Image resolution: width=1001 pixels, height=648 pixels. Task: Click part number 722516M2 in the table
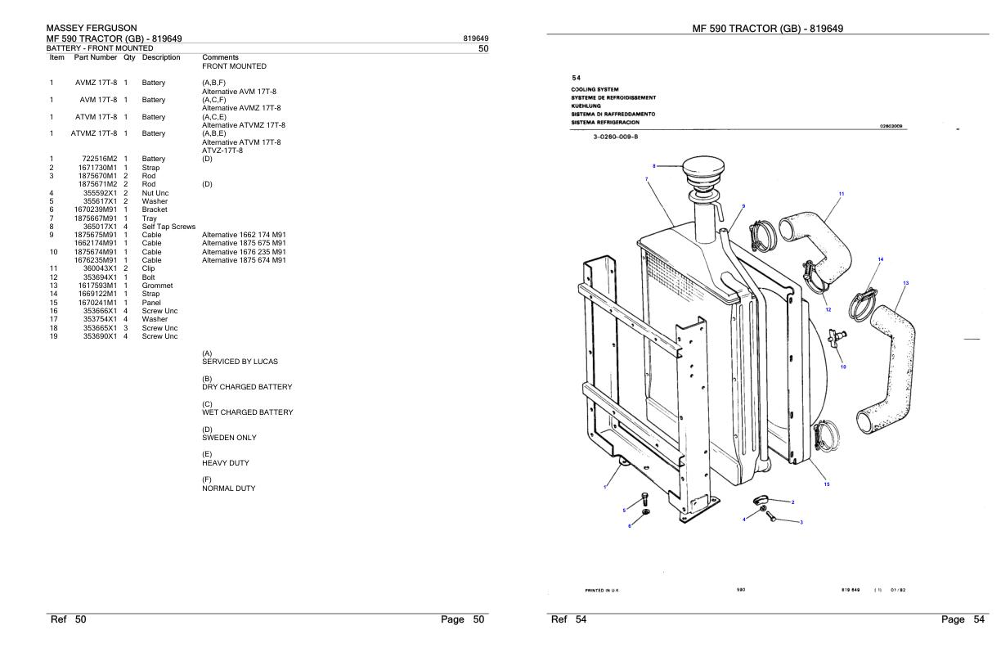(99, 159)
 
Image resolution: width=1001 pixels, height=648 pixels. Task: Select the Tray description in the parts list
(150, 218)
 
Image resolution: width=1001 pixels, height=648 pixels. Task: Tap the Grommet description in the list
(157, 286)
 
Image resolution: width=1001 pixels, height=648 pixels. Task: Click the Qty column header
(129, 57)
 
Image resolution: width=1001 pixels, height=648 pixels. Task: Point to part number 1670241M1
(97, 302)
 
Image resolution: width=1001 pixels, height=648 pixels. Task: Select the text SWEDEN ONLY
(229, 438)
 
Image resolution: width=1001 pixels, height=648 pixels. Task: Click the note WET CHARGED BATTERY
(248, 412)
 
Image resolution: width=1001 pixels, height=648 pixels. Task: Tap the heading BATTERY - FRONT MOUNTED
(100, 48)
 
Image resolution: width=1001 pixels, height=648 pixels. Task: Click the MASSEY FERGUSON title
(92, 28)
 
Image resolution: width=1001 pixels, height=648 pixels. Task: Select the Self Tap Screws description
(169, 227)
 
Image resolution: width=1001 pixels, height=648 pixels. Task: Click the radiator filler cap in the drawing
(704, 169)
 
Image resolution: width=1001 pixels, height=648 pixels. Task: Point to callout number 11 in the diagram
(842, 194)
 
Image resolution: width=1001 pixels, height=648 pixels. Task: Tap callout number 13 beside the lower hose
(906, 283)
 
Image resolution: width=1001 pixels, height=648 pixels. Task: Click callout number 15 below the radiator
(827, 484)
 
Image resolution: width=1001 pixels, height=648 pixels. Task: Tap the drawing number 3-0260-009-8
(615, 137)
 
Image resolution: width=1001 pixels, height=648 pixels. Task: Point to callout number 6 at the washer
(630, 526)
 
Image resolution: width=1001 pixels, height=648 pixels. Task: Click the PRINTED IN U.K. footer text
(601, 590)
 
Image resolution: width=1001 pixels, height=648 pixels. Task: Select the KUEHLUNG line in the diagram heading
(586, 106)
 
